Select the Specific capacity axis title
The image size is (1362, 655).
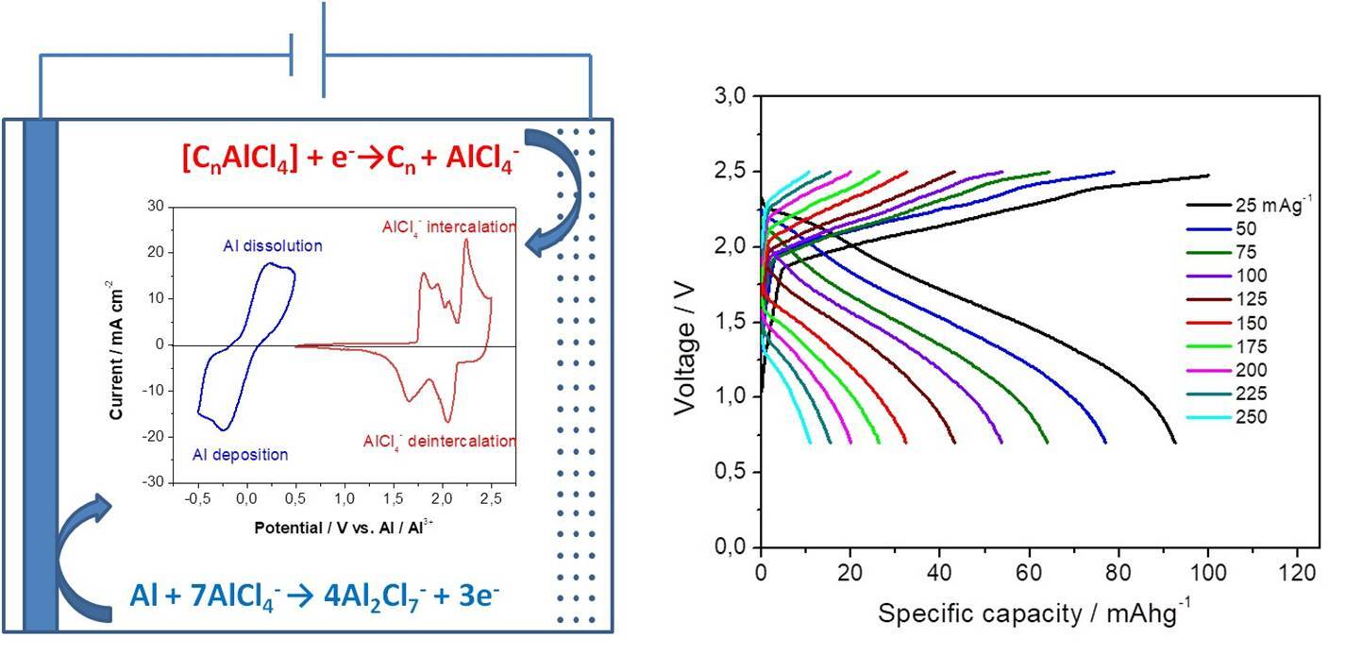pos(1034,613)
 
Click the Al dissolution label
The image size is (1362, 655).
pos(273,246)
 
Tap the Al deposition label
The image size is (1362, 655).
pos(241,455)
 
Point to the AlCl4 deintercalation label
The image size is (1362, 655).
pos(440,441)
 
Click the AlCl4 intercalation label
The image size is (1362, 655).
pos(449,227)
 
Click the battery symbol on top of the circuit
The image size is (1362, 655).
pos(308,52)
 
